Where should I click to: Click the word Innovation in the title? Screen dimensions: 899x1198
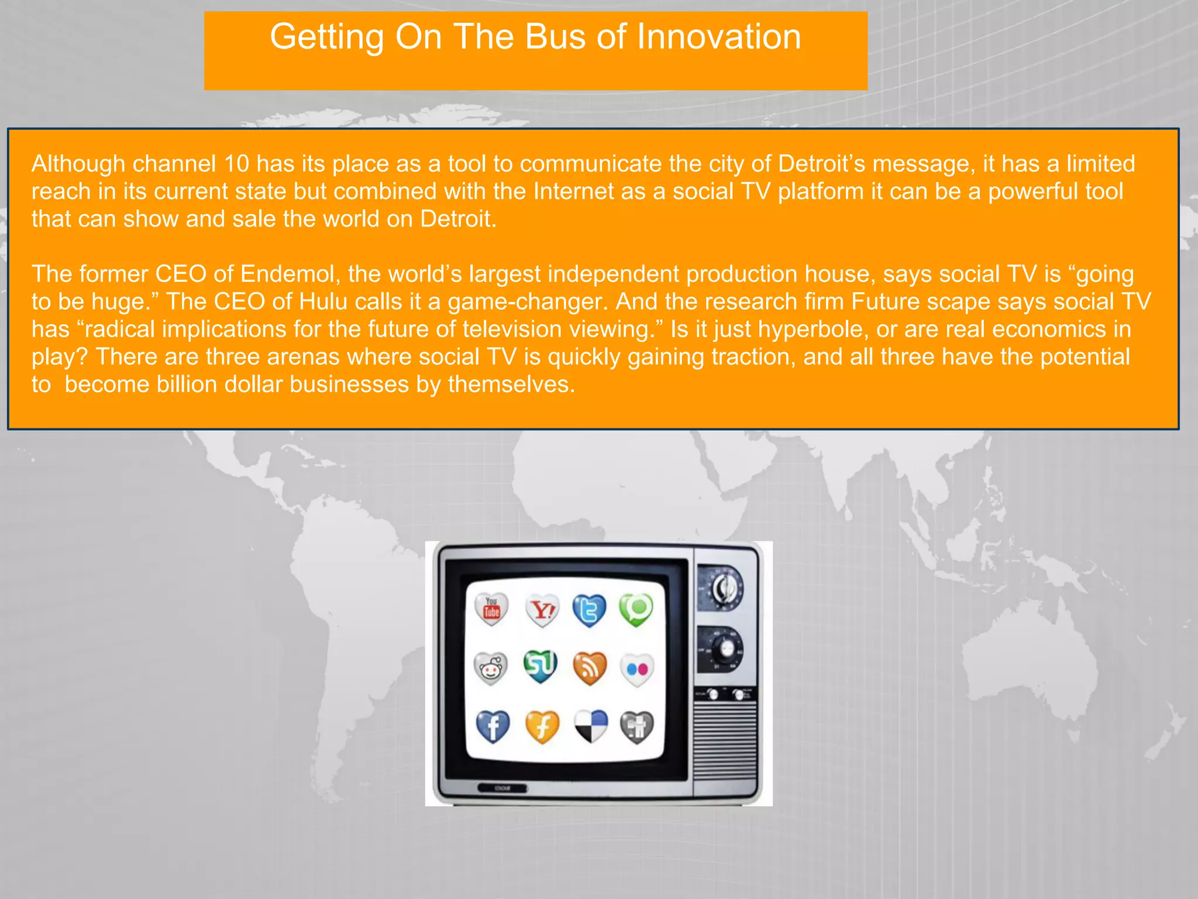coord(718,37)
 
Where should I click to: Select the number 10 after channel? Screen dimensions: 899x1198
coord(236,164)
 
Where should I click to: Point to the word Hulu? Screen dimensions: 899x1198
coord(323,301)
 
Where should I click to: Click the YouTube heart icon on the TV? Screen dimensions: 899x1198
coord(491,609)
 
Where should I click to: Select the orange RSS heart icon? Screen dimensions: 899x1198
coord(590,668)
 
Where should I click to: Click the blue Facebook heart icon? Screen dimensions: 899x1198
coord(493,726)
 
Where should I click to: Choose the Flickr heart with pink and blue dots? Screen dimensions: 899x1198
coord(637,669)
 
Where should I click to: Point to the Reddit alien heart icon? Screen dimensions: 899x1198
coord(490,668)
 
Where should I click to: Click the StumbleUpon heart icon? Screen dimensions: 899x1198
coord(541,666)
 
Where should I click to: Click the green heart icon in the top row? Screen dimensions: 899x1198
coord(636,609)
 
